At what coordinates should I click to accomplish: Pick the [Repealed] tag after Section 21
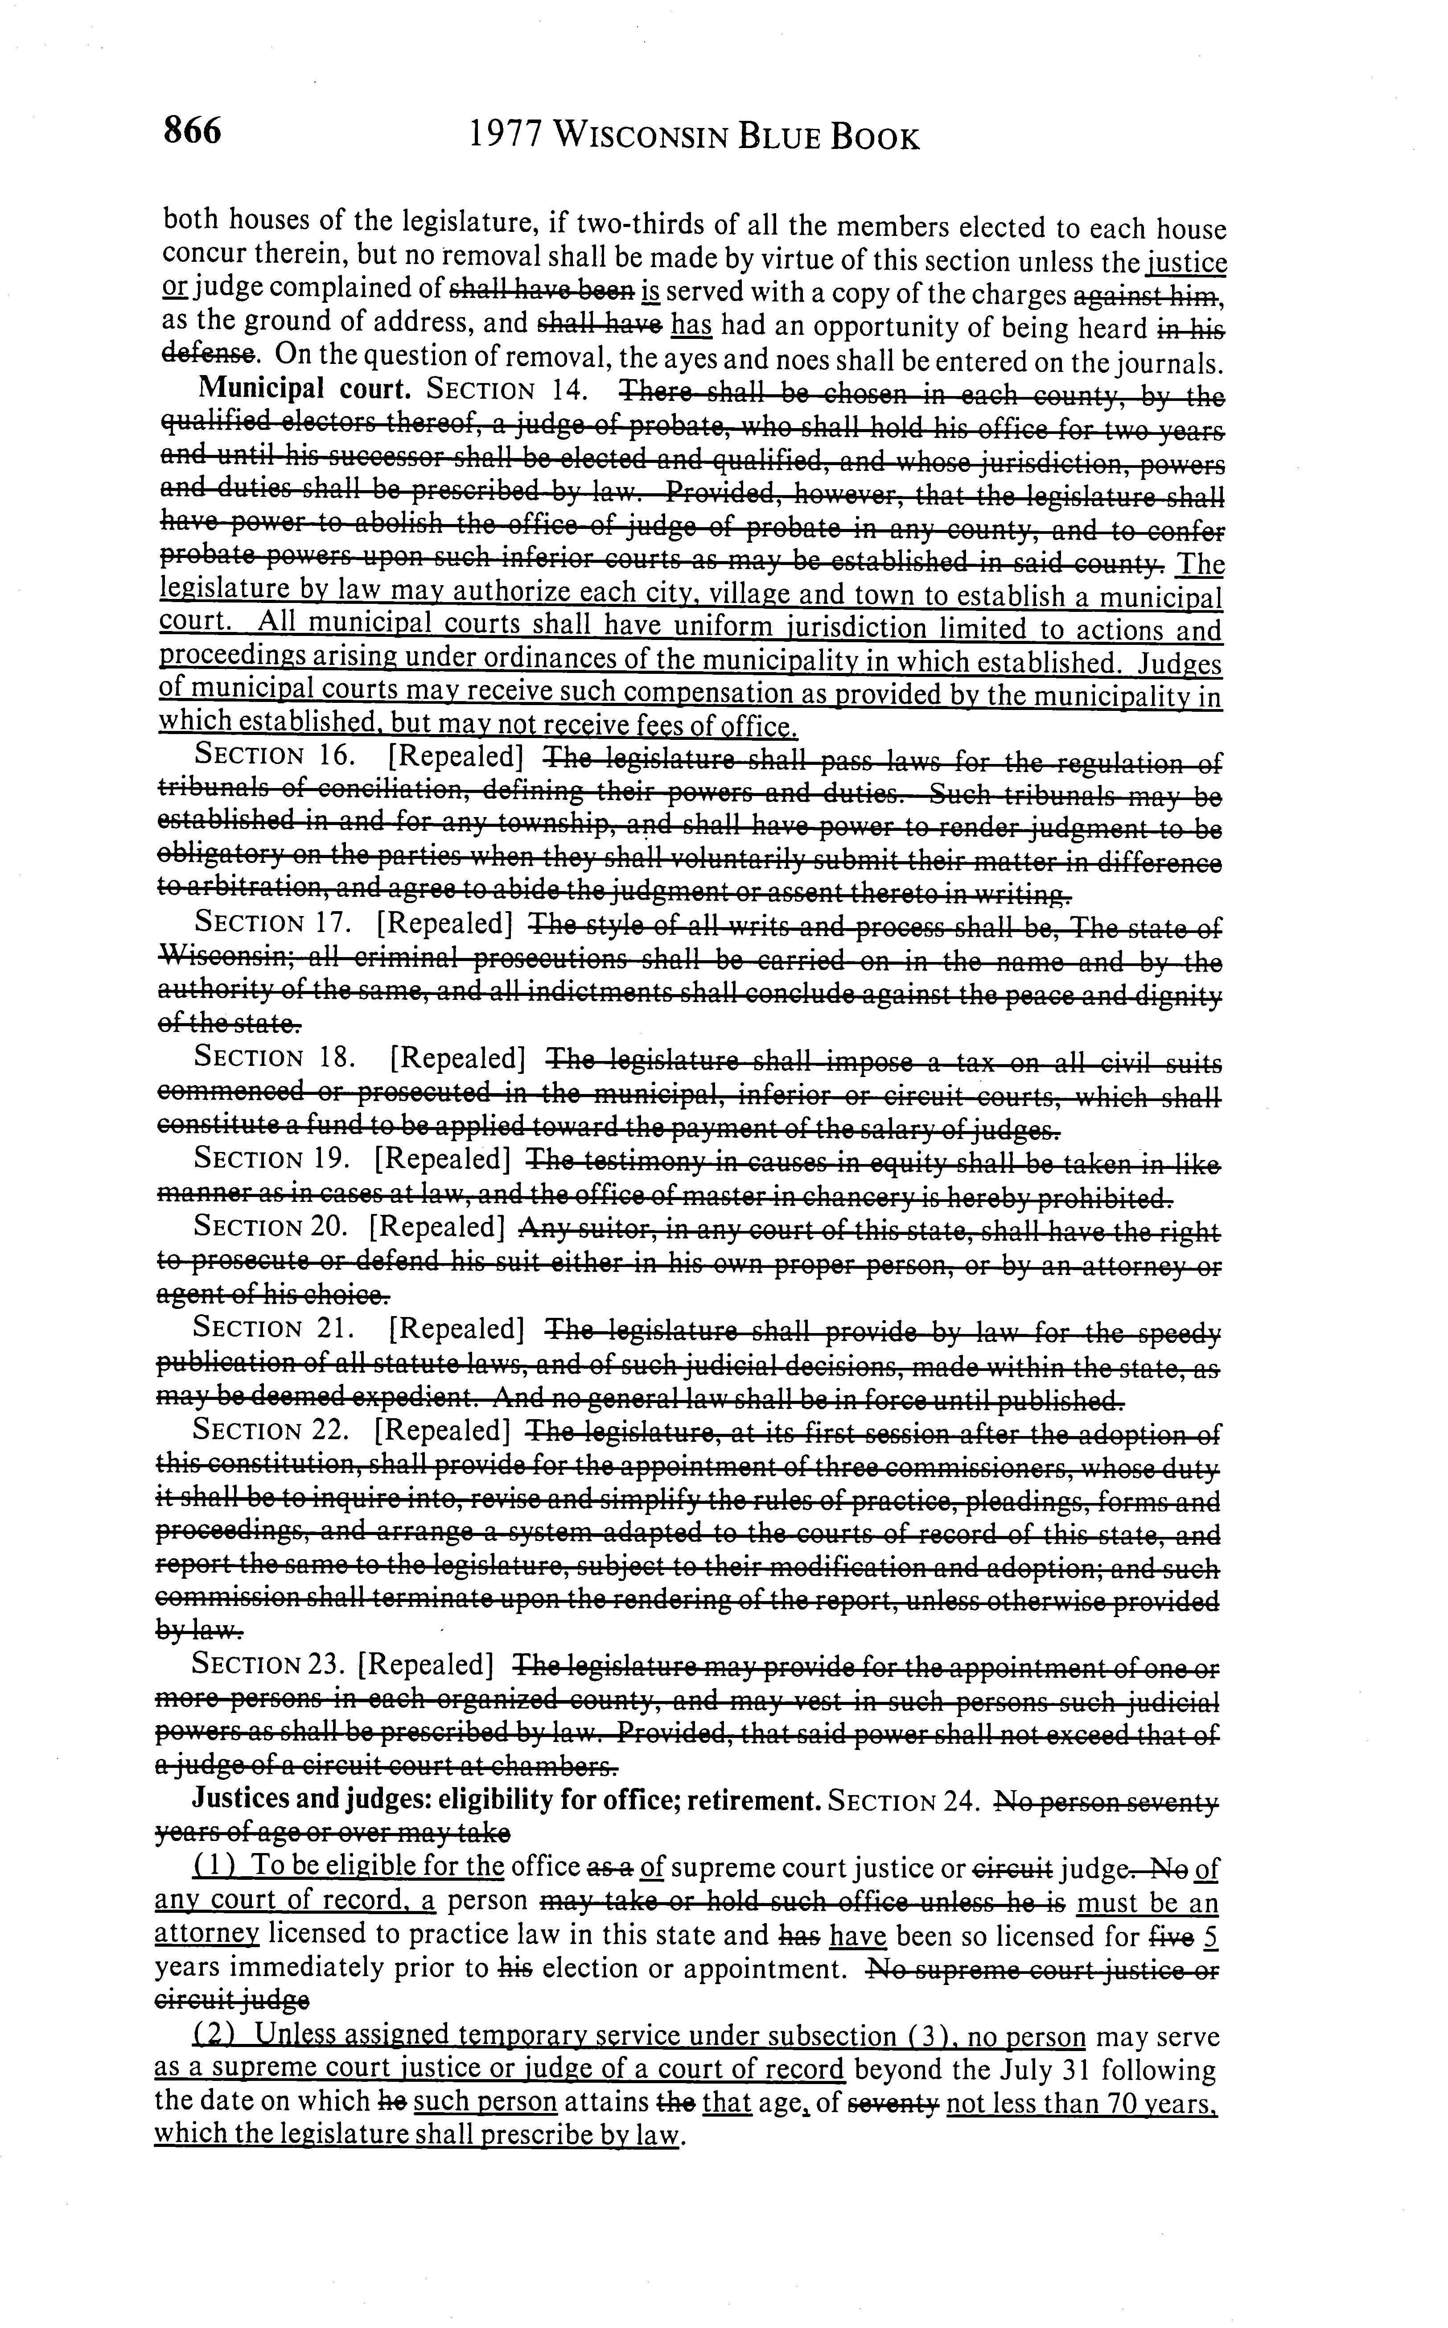(x=457, y=1329)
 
